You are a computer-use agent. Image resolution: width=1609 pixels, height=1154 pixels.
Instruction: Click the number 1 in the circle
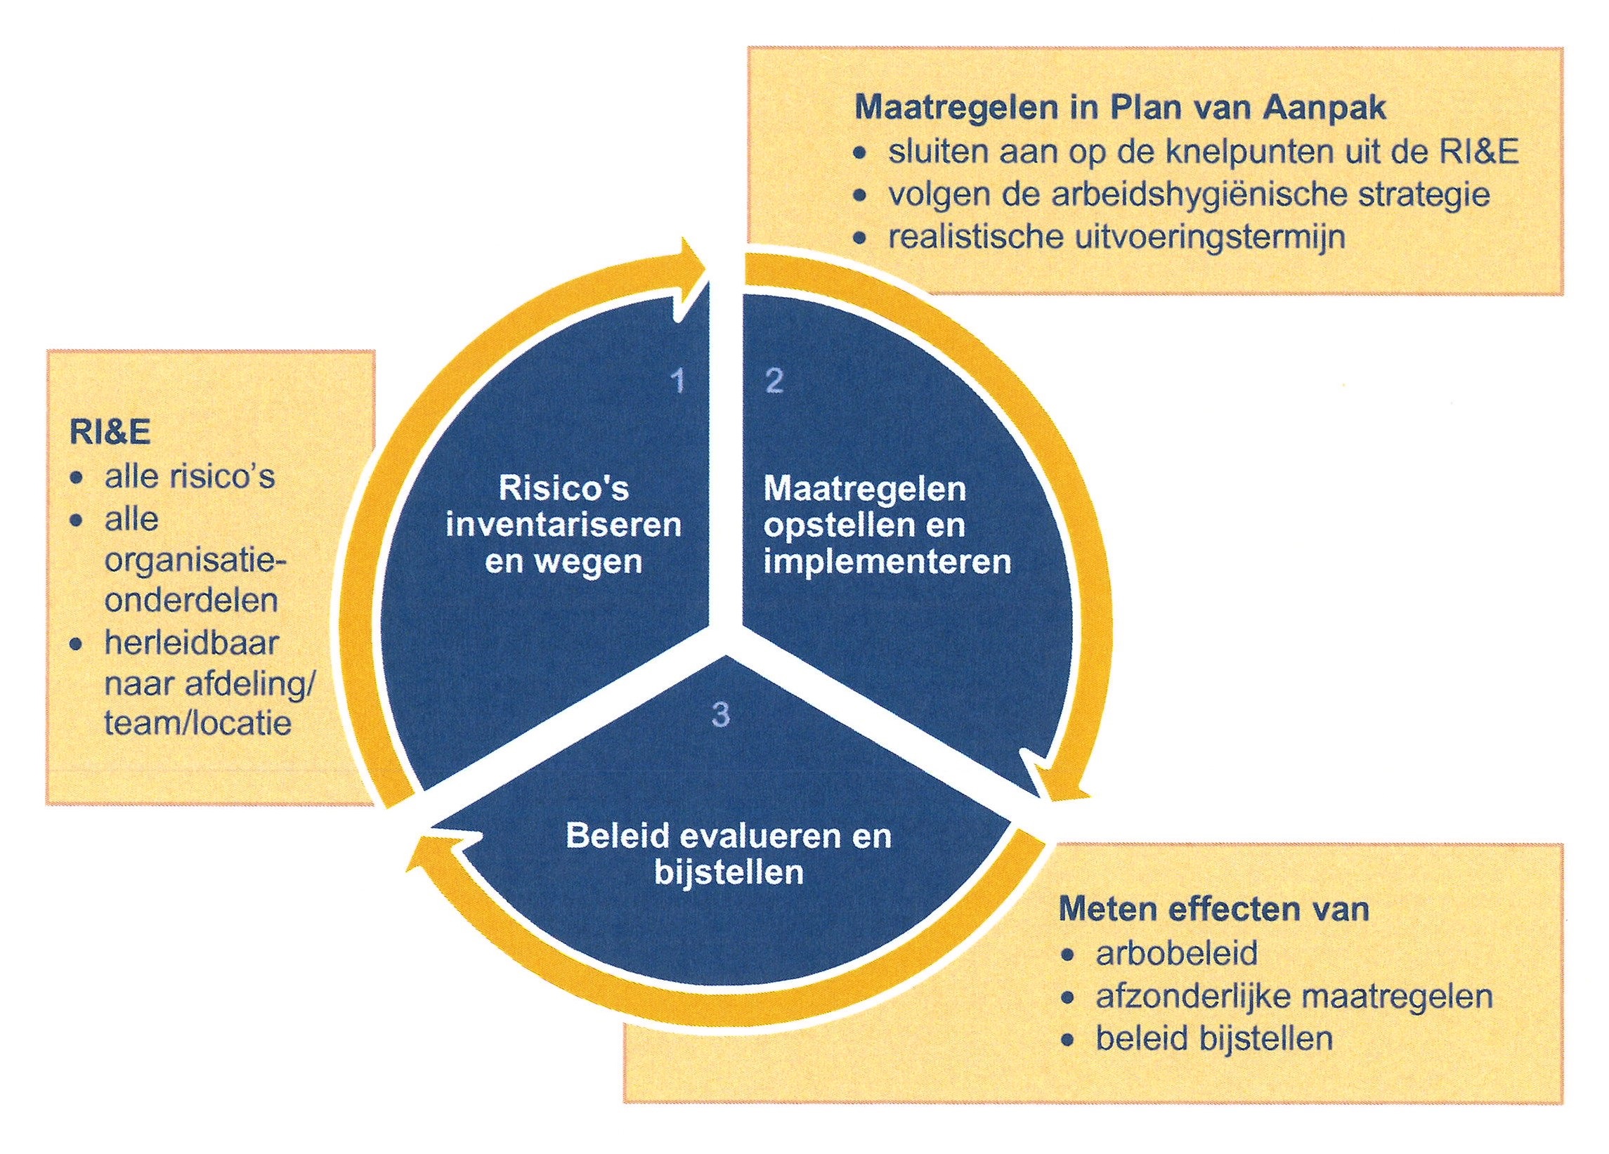(679, 381)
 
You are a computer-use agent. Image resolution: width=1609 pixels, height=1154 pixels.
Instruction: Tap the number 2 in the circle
(774, 381)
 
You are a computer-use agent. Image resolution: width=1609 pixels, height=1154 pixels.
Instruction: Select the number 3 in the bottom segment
(720, 714)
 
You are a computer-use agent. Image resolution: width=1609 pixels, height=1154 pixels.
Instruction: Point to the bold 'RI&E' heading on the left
(110, 432)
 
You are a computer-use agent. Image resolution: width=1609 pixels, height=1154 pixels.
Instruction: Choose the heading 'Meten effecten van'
(1213, 910)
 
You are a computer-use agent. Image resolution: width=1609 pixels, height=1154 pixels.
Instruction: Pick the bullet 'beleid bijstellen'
(1215, 1039)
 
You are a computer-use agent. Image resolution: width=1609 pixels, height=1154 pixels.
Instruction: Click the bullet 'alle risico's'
(190, 477)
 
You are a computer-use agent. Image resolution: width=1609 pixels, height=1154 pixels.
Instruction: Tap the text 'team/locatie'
(198, 723)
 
